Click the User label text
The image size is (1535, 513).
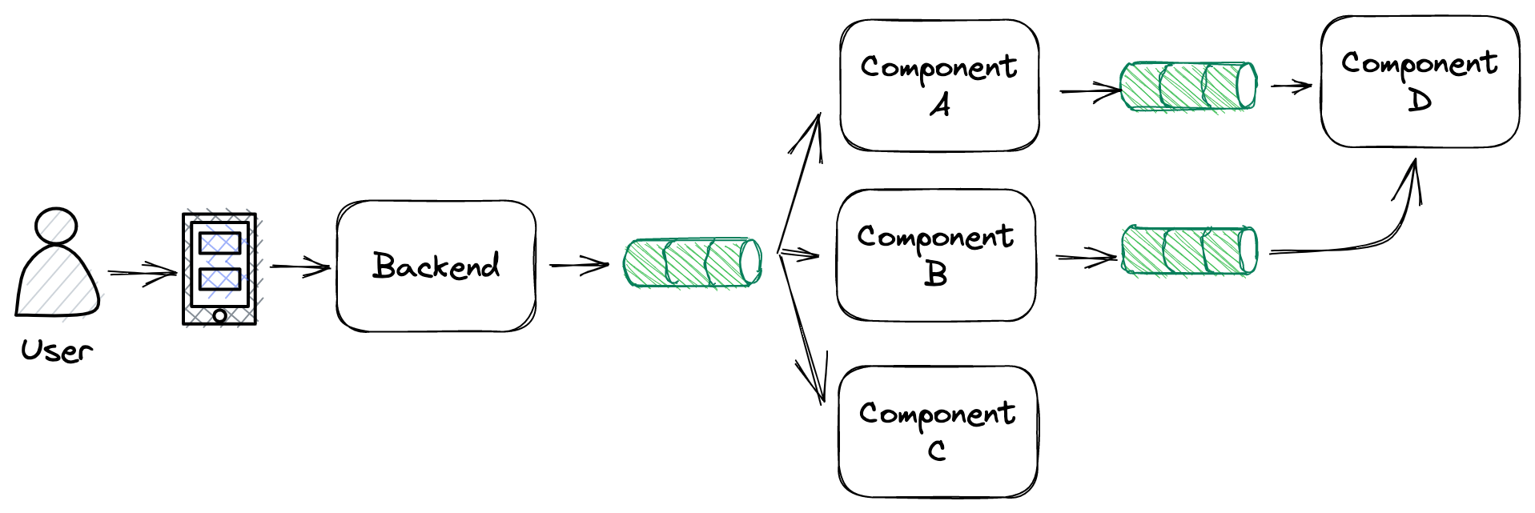[x=56, y=351]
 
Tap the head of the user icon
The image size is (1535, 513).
[x=56, y=225]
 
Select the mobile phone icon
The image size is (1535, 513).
[x=219, y=269]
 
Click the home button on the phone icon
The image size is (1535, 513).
[x=219, y=315]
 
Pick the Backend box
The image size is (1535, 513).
[x=436, y=267]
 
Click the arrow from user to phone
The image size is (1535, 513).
[x=143, y=273]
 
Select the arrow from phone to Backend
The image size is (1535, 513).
[x=300, y=267]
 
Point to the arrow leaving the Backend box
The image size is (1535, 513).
[x=579, y=265]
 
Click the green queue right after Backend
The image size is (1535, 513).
[x=693, y=263]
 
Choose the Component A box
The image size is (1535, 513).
[x=939, y=86]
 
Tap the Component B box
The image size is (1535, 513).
[x=936, y=255]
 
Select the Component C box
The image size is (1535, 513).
[x=938, y=431]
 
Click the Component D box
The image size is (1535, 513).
[x=1420, y=82]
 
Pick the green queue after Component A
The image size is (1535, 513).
[x=1188, y=86]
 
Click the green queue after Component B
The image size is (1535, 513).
[x=1189, y=250]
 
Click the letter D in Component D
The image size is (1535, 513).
[x=1420, y=101]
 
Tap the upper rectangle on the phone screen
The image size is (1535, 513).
[x=219, y=242]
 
